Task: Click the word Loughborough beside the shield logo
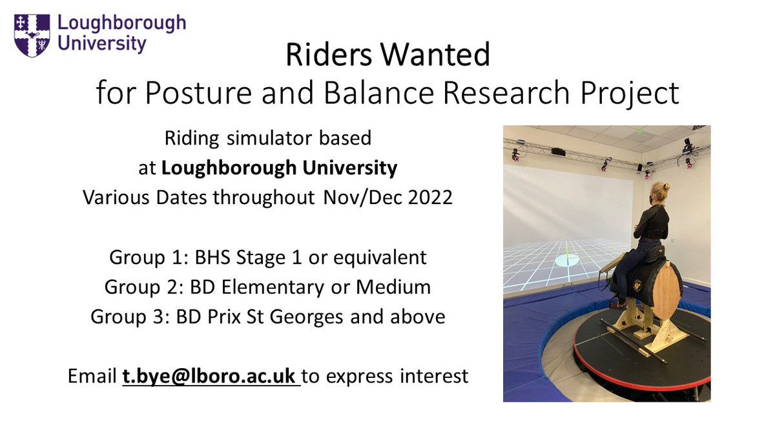pos(121,24)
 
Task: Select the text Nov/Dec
pos(354,198)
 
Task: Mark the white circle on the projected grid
pos(567,260)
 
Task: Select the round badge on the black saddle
pos(639,284)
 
